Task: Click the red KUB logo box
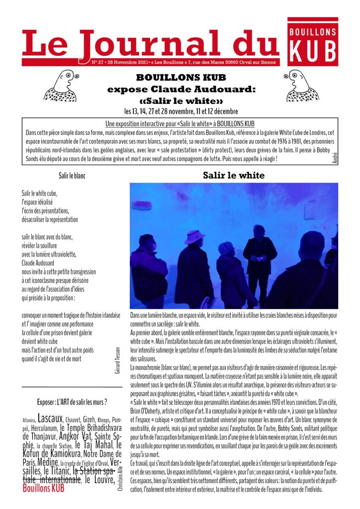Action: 313,43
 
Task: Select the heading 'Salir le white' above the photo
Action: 234,175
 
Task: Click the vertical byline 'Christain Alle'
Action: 120,479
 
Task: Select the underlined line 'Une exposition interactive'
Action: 180,123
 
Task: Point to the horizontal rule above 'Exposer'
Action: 72,387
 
